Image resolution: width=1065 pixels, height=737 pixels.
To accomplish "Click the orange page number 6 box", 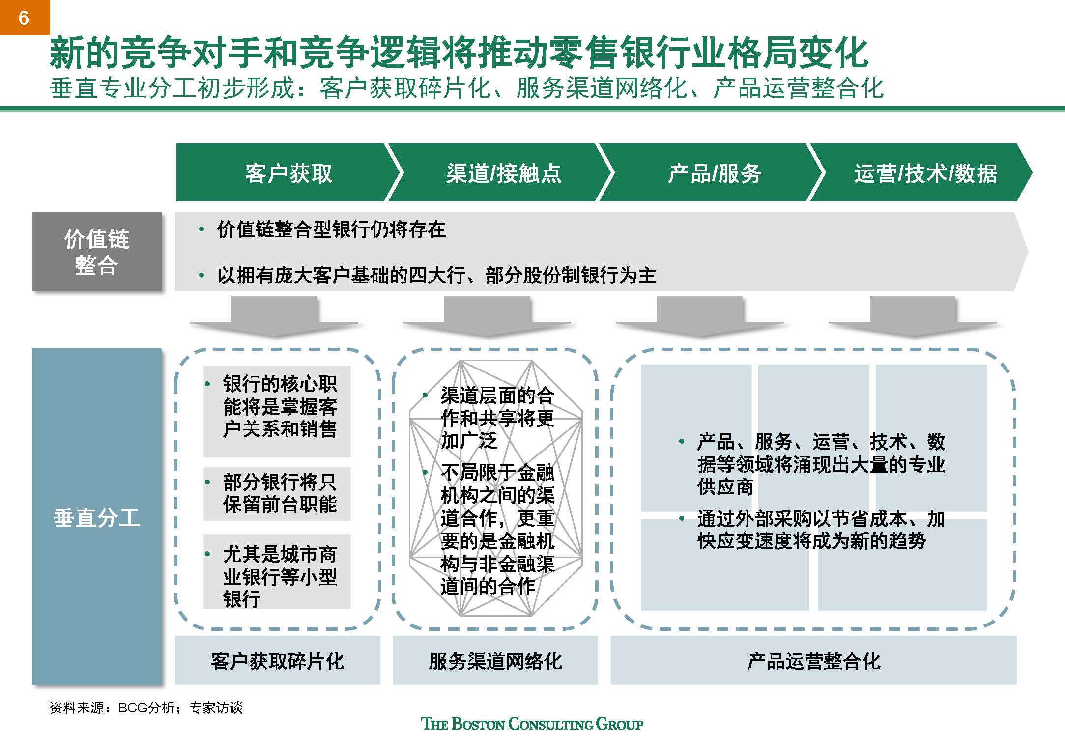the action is point(24,18).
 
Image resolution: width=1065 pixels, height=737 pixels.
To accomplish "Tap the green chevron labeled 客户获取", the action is point(288,173).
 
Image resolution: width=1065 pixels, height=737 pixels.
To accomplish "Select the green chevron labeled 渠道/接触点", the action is point(503,173).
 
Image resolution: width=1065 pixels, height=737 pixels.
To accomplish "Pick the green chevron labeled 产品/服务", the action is point(714,173).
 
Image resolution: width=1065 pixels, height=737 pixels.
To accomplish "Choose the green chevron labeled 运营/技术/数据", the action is point(925,173).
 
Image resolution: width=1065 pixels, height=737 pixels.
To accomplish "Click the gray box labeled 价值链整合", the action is point(96,252).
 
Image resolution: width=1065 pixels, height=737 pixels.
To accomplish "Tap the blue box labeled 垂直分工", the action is point(96,517).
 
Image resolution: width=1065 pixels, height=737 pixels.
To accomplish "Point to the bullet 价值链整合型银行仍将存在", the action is point(331,229).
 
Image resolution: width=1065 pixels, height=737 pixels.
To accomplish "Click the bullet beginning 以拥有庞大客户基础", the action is point(436,275).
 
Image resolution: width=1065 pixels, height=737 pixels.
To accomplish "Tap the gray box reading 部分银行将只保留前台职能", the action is point(277,493).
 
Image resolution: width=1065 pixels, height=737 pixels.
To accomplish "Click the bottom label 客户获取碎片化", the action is point(277,661).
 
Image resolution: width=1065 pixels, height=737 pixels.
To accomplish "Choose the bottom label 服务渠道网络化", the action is point(495,661).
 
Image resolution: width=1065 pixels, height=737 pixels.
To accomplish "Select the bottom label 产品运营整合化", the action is point(813,661).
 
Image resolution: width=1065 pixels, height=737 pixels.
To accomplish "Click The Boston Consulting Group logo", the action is point(532,724).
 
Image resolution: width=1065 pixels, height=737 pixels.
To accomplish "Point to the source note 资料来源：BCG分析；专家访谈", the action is point(146,708).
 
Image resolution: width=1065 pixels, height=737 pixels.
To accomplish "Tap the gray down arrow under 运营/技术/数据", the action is point(913,315).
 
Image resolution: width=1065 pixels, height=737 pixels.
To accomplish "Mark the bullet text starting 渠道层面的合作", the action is point(497,418).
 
